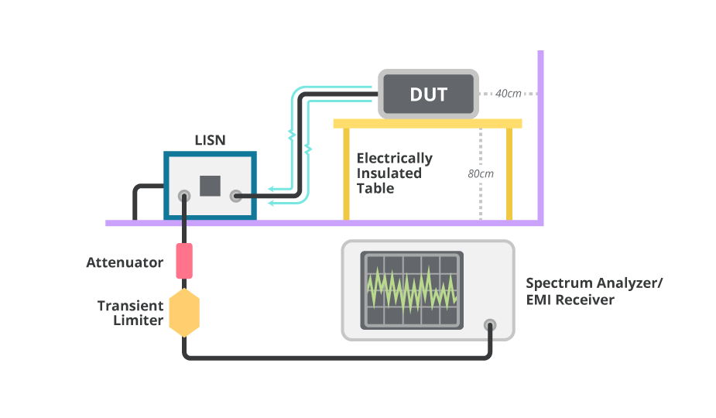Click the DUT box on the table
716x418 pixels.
[428, 94]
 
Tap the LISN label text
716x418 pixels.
[209, 141]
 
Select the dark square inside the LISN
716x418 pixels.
[210, 186]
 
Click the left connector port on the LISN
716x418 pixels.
[184, 197]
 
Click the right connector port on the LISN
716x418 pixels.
[236, 197]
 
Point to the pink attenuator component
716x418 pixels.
[184, 261]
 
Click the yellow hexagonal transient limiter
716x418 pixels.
[184, 312]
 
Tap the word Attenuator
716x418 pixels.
[125, 262]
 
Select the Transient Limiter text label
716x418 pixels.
[130, 313]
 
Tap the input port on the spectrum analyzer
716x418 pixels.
[489, 325]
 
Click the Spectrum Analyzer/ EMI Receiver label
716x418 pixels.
[594, 291]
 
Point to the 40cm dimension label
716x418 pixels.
[508, 94]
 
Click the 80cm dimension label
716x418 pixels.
[481, 173]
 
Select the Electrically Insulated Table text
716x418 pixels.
[393, 173]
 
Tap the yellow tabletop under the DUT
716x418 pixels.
[427, 123]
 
